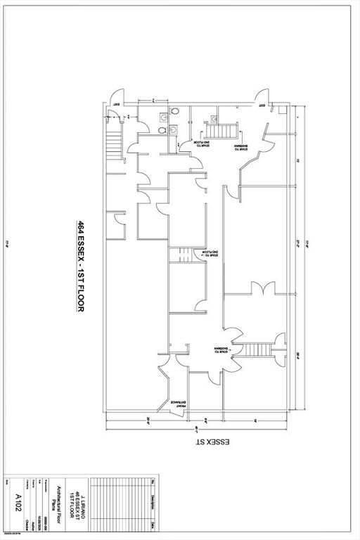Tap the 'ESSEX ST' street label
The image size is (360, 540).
click(219, 444)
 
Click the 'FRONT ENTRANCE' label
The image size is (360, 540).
click(172, 385)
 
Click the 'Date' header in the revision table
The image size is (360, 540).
click(153, 524)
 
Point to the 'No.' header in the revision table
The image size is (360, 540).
click(153, 481)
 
